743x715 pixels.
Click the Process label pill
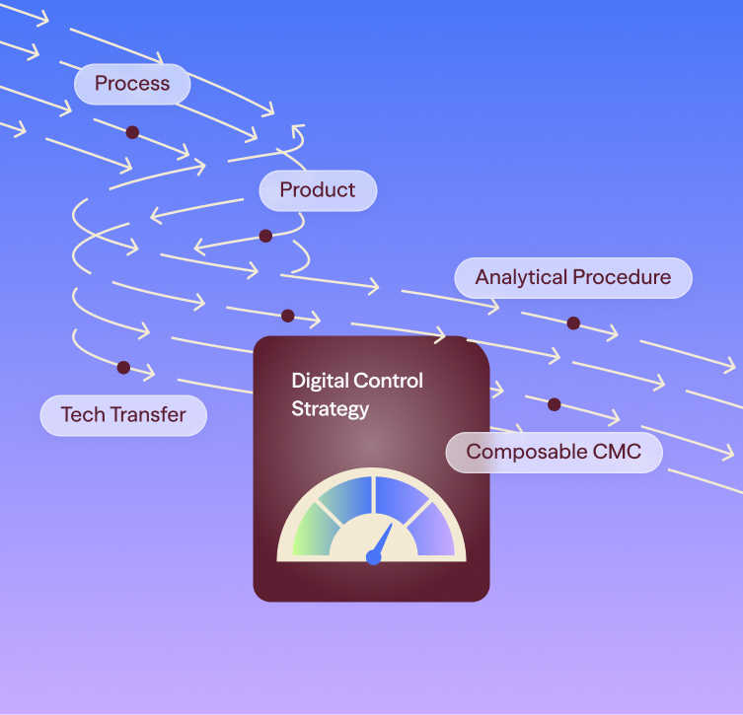[132, 84]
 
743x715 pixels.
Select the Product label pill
[318, 190]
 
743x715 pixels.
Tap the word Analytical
[521, 277]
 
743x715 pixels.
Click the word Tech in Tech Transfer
[83, 414]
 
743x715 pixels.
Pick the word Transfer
[148, 414]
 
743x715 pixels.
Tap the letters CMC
[617, 452]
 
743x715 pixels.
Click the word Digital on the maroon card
[320, 381]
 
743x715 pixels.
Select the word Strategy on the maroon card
[330, 409]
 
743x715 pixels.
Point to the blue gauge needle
[383, 540]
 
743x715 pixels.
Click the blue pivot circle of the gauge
[374, 557]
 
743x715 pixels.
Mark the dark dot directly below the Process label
[132, 132]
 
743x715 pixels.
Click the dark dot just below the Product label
[265, 236]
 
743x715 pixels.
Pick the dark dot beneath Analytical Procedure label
[573, 323]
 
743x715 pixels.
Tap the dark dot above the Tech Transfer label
[123, 368]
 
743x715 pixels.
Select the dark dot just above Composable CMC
[554, 405]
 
